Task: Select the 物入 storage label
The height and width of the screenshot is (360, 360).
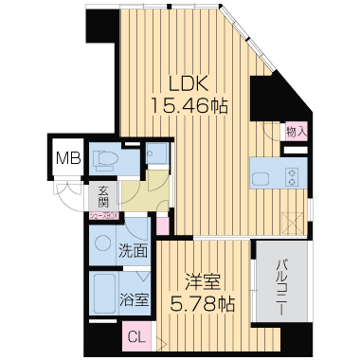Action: pyautogui.click(x=295, y=133)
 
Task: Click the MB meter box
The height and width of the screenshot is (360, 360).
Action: pyautogui.click(x=66, y=157)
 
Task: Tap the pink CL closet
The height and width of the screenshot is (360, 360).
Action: pyautogui.click(x=136, y=336)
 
